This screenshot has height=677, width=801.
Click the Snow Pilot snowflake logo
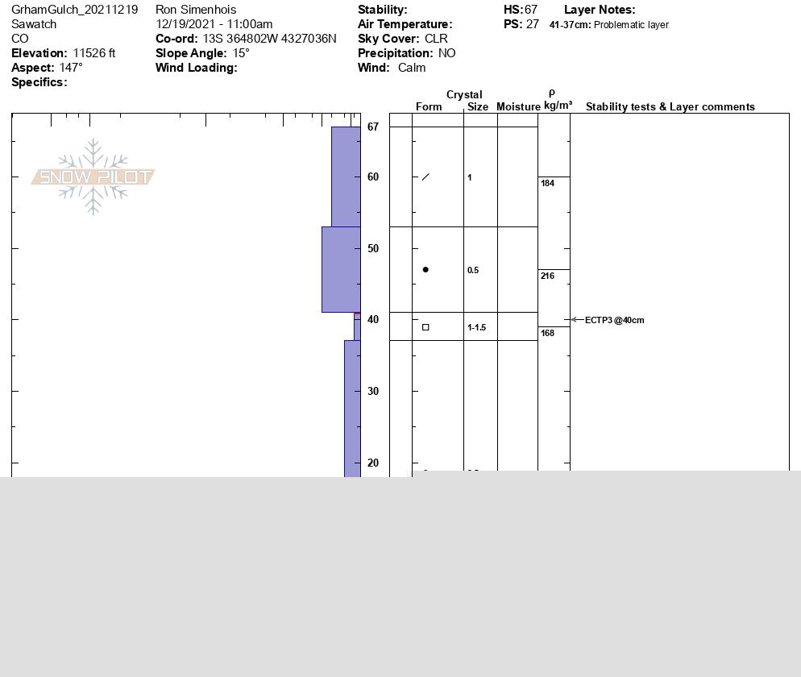coord(93,177)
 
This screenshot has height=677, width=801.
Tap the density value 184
coord(548,183)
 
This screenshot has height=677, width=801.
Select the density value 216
coord(548,276)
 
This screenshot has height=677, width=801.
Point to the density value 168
coord(548,333)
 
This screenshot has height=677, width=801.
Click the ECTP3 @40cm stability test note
coord(615,320)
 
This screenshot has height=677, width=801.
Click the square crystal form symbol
coord(425,327)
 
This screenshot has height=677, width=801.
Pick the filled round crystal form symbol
coord(425,269)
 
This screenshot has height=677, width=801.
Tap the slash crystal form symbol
coord(425,177)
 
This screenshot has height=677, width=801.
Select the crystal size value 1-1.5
coord(476,327)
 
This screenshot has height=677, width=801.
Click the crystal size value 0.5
coord(473,270)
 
